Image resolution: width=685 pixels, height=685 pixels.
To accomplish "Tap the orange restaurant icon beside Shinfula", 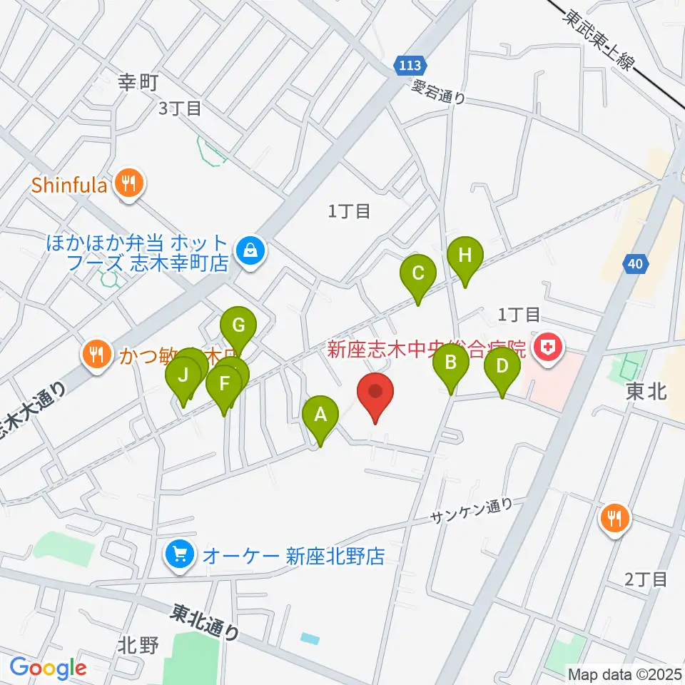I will pyautogui.click(x=129, y=186).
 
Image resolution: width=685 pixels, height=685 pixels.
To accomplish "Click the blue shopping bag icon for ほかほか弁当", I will pyautogui.click(x=250, y=250).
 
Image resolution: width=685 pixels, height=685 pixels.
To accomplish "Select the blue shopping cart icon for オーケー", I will pyautogui.click(x=178, y=554).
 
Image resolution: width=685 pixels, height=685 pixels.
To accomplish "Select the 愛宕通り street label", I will pyautogui.click(x=439, y=92).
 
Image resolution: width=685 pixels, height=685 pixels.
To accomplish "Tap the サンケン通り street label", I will pyautogui.click(x=472, y=512).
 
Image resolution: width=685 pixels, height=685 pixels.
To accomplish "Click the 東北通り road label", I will pyautogui.click(x=205, y=622).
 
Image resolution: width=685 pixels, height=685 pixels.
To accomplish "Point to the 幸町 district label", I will pyautogui.click(x=138, y=83).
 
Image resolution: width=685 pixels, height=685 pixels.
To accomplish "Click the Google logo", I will pyautogui.click(x=49, y=669).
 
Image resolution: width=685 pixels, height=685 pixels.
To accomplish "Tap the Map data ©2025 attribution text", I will pyautogui.click(x=624, y=674).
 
